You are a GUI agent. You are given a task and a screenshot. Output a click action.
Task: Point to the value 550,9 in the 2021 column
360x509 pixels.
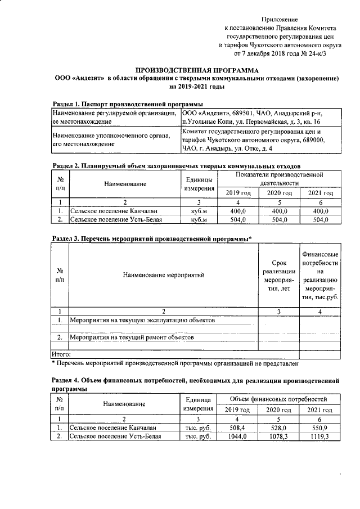[x=319, y=428]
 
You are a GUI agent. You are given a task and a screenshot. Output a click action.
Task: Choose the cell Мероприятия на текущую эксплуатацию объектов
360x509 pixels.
[x=134, y=320]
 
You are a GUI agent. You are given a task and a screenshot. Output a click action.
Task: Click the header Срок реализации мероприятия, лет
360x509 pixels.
[x=278, y=276]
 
